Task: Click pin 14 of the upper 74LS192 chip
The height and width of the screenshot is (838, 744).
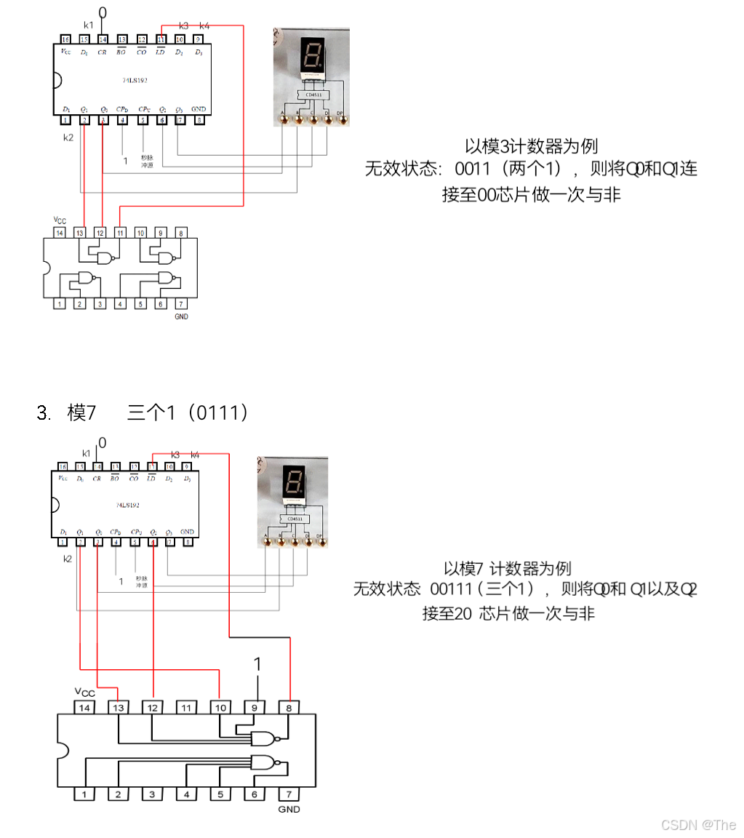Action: point(103,39)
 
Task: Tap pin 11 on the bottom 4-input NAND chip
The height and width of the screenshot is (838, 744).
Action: point(186,706)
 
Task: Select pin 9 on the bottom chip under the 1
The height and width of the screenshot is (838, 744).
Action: point(255,706)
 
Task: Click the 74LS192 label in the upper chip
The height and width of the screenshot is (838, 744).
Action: point(135,80)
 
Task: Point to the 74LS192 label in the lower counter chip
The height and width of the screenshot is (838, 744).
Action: point(127,504)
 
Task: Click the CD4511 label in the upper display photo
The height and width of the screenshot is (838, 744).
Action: point(313,95)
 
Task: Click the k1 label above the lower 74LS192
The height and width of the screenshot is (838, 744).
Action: point(87,453)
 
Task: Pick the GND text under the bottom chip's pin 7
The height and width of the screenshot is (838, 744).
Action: point(289,810)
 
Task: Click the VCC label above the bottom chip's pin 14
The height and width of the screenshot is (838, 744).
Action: point(84,692)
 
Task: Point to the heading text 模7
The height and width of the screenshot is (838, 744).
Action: point(81,413)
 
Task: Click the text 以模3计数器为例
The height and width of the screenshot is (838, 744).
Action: point(532,146)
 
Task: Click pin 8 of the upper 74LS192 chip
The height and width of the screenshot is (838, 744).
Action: point(199,120)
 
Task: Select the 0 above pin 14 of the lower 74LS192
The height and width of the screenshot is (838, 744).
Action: point(102,442)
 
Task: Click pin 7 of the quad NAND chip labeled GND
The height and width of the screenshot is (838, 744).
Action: point(181,303)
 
